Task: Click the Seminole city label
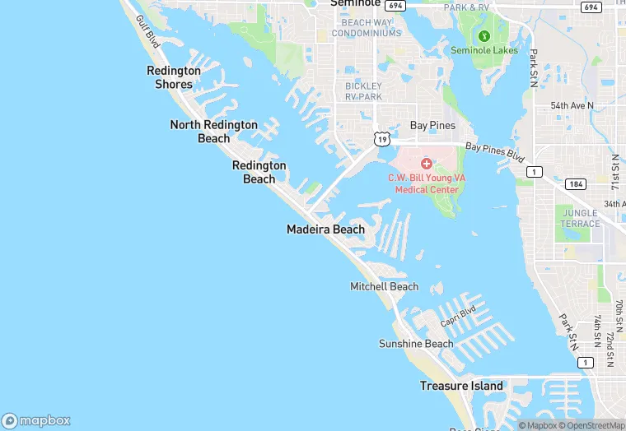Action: click(355, 3)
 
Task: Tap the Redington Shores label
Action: click(174, 77)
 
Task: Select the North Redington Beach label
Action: click(213, 132)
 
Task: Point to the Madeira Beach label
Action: click(325, 229)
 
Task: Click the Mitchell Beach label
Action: click(384, 287)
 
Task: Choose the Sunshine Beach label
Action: click(416, 344)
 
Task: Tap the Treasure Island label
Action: click(461, 386)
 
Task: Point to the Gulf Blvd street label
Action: click(148, 30)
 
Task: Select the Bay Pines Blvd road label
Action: click(494, 151)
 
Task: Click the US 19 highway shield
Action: click(381, 140)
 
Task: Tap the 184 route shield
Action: click(576, 184)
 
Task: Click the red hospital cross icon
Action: click(427, 165)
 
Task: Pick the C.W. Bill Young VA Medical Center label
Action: click(427, 183)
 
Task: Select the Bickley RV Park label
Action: click(363, 91)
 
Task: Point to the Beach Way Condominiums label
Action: click(367, 28)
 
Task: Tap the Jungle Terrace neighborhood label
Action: click(581, 218)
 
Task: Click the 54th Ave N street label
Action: click(572, 106)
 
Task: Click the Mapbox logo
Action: click(37, 420)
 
